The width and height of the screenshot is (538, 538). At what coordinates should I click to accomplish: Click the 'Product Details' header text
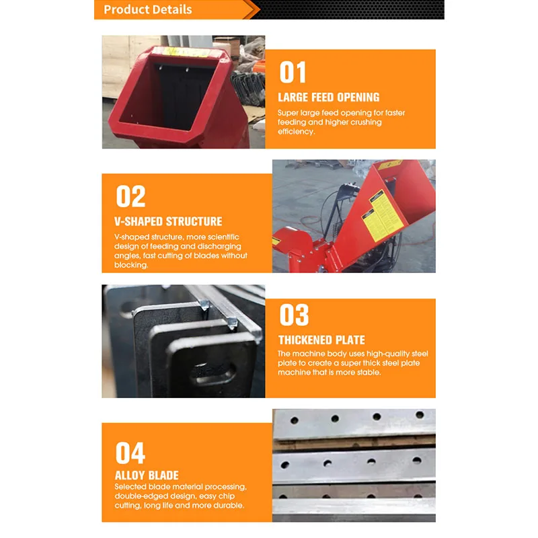click(x=148, y=9)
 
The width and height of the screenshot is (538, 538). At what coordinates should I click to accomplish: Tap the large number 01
click(x=293, y=73)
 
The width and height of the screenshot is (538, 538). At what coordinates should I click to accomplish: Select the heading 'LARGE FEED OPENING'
click(x=329, y=98)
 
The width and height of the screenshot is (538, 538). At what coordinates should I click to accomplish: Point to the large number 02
click(x=130, y=196)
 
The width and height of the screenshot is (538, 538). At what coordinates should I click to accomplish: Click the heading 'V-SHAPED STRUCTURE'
click(x=168, y=221)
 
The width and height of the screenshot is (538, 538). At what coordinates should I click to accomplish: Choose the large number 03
click(x=294, y=315)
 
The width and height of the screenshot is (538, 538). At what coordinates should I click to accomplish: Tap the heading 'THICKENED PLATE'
click(x=321, y=340)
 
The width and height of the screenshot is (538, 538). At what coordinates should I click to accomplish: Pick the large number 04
click(x=130, y=453)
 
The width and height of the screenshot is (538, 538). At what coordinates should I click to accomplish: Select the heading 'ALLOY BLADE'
click(x=147, y=475)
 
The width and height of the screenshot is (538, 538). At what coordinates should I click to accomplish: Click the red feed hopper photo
click(x=183, y=92)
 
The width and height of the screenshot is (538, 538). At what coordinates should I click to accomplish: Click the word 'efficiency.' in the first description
click(x=296, y=132)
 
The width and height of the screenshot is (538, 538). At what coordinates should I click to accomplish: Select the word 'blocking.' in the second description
click(x=131, y=265)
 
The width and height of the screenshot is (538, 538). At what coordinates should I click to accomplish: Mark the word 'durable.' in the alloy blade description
click(x=229, y=505)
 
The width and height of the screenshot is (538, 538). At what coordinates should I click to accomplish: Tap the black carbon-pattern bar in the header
click(x=350, y=9)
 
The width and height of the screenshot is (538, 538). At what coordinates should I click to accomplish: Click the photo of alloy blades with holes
click(x=354, y=464)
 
